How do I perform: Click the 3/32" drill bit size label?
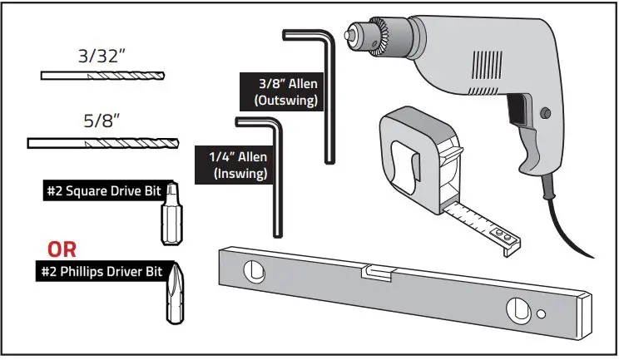tap(102, 59)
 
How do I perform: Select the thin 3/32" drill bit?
tap(102, 76)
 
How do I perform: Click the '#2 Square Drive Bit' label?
tap(110, 190)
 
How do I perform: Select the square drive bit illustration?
tap(171, 219)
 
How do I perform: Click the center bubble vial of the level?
tap(378, 271)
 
